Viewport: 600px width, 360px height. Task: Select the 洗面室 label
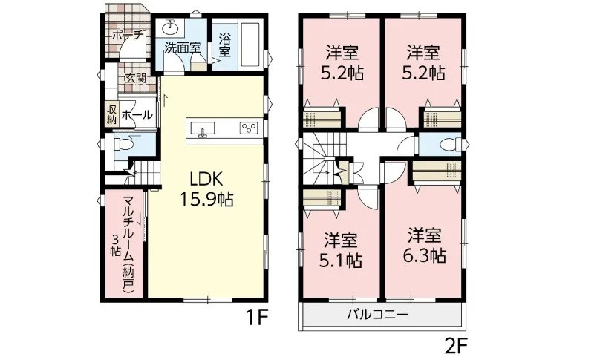coord(182,47)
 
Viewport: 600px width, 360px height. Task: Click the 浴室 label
coord(225,46)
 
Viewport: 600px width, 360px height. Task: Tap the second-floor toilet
coord(447,145)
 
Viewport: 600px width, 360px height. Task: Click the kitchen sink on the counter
coord(206,130)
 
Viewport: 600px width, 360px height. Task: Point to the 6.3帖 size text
coord(426,256)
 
